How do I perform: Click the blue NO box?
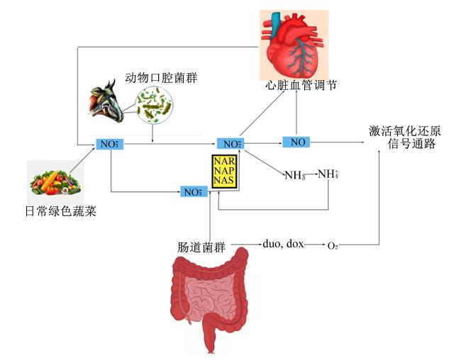(x=296, y=142)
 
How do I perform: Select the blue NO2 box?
(x=230, y=144)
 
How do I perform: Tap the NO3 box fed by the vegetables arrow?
(x=110, y=144)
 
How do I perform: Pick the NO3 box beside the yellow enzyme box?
(x=194, y=192)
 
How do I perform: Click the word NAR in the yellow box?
(x=224, y=161)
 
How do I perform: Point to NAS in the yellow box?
(x=224, y=180)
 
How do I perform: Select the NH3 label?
(x=295, y=176)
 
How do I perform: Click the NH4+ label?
(x=328, y=174)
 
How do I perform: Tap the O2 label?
(x=333, y=245)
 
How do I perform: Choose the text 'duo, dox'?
(x=283, y=244)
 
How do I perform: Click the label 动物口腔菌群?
(x=161, y=78)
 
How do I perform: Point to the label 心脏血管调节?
(x=301, y=86)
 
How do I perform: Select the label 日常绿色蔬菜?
(x=61, y=211)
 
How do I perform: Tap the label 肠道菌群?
(x=201, y=247)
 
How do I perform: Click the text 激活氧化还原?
(x=405, y=131)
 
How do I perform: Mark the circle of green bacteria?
(x=154, y=105)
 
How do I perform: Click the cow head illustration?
(x=106, y=101)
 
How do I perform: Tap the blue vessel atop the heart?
(x=276, y=24)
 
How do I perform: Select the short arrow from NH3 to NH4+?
(x=311, y=174)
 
